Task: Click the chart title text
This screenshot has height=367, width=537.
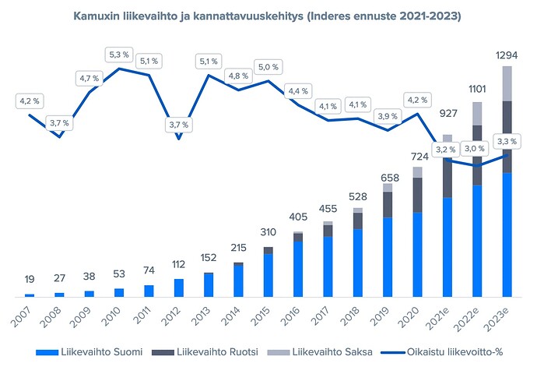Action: (268, 16)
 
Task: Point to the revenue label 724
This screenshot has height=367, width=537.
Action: (417, 154)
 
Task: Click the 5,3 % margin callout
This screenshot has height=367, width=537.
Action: (119, 55)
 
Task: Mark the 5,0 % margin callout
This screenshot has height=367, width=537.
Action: (268, 66)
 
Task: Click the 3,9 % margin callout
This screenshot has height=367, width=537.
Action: (388, 115)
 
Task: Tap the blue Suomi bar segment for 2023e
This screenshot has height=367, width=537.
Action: (507, 234)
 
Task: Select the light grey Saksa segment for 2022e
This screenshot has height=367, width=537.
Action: (477, 113)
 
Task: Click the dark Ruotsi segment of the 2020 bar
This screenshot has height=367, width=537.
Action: (417, 195)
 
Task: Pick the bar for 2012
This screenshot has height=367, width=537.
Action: (179, 288)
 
